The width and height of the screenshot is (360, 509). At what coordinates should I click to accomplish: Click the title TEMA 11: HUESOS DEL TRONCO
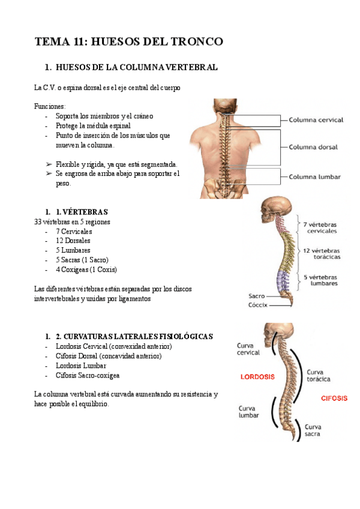click(129, 41)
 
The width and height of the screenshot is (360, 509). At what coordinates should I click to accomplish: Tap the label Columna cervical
click(316, 119)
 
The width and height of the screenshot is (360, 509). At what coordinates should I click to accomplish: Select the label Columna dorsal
click(313, 146)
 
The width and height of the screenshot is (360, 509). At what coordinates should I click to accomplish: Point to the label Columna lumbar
click(314, 176)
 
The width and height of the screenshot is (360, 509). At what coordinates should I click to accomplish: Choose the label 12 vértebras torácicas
click(322, 253)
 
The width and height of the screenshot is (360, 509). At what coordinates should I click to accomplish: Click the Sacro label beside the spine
click(256, 296)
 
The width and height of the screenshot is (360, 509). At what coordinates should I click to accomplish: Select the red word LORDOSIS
click(257, 377)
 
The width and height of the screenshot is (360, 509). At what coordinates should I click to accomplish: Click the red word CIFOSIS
click(334, 398)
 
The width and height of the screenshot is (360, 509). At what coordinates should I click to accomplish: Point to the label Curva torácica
click(319, 375)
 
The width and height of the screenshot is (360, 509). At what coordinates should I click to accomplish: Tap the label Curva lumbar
click(248, 411)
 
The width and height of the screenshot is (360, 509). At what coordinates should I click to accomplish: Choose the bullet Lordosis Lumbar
click(80, 366)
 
